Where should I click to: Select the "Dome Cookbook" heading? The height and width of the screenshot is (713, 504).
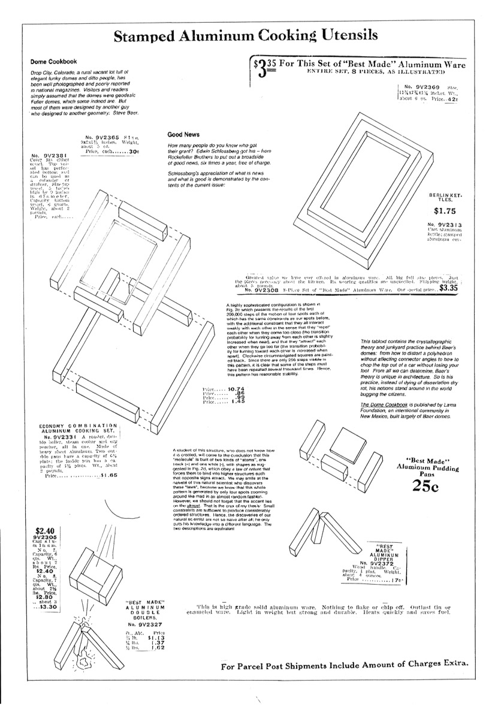54,62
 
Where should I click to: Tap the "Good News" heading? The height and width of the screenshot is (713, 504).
184,135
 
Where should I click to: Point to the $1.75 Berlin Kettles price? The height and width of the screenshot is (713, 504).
446,211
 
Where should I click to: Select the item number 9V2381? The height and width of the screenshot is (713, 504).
46,157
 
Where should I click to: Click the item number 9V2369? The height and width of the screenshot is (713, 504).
424,87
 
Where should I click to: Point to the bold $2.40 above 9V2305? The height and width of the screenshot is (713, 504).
46,530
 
